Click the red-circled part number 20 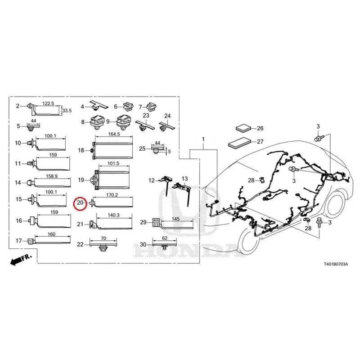click(x=80, y=203)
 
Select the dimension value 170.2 click(x=112, y=195)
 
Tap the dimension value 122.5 click(x=48, y=103)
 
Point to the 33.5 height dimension click(x=67, y=111)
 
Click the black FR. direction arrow click(x=21, y=260)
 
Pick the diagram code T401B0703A click(x=336, y=264)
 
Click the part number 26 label click(x=260, y=128)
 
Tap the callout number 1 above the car click(x=203, y=139)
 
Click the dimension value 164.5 click(x=114, y=134)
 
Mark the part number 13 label click(x=184, y=179)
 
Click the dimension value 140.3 click(x=114, y=216)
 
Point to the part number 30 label click(x=143, y=244)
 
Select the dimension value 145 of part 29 click(x=175, y=219)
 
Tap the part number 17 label click(x=18, y=241)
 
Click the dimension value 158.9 click(x=52, y=176)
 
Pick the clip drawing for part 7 click(x=151, y=106)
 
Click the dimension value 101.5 click(x=113, y=163)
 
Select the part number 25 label click(x=142, y=148)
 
